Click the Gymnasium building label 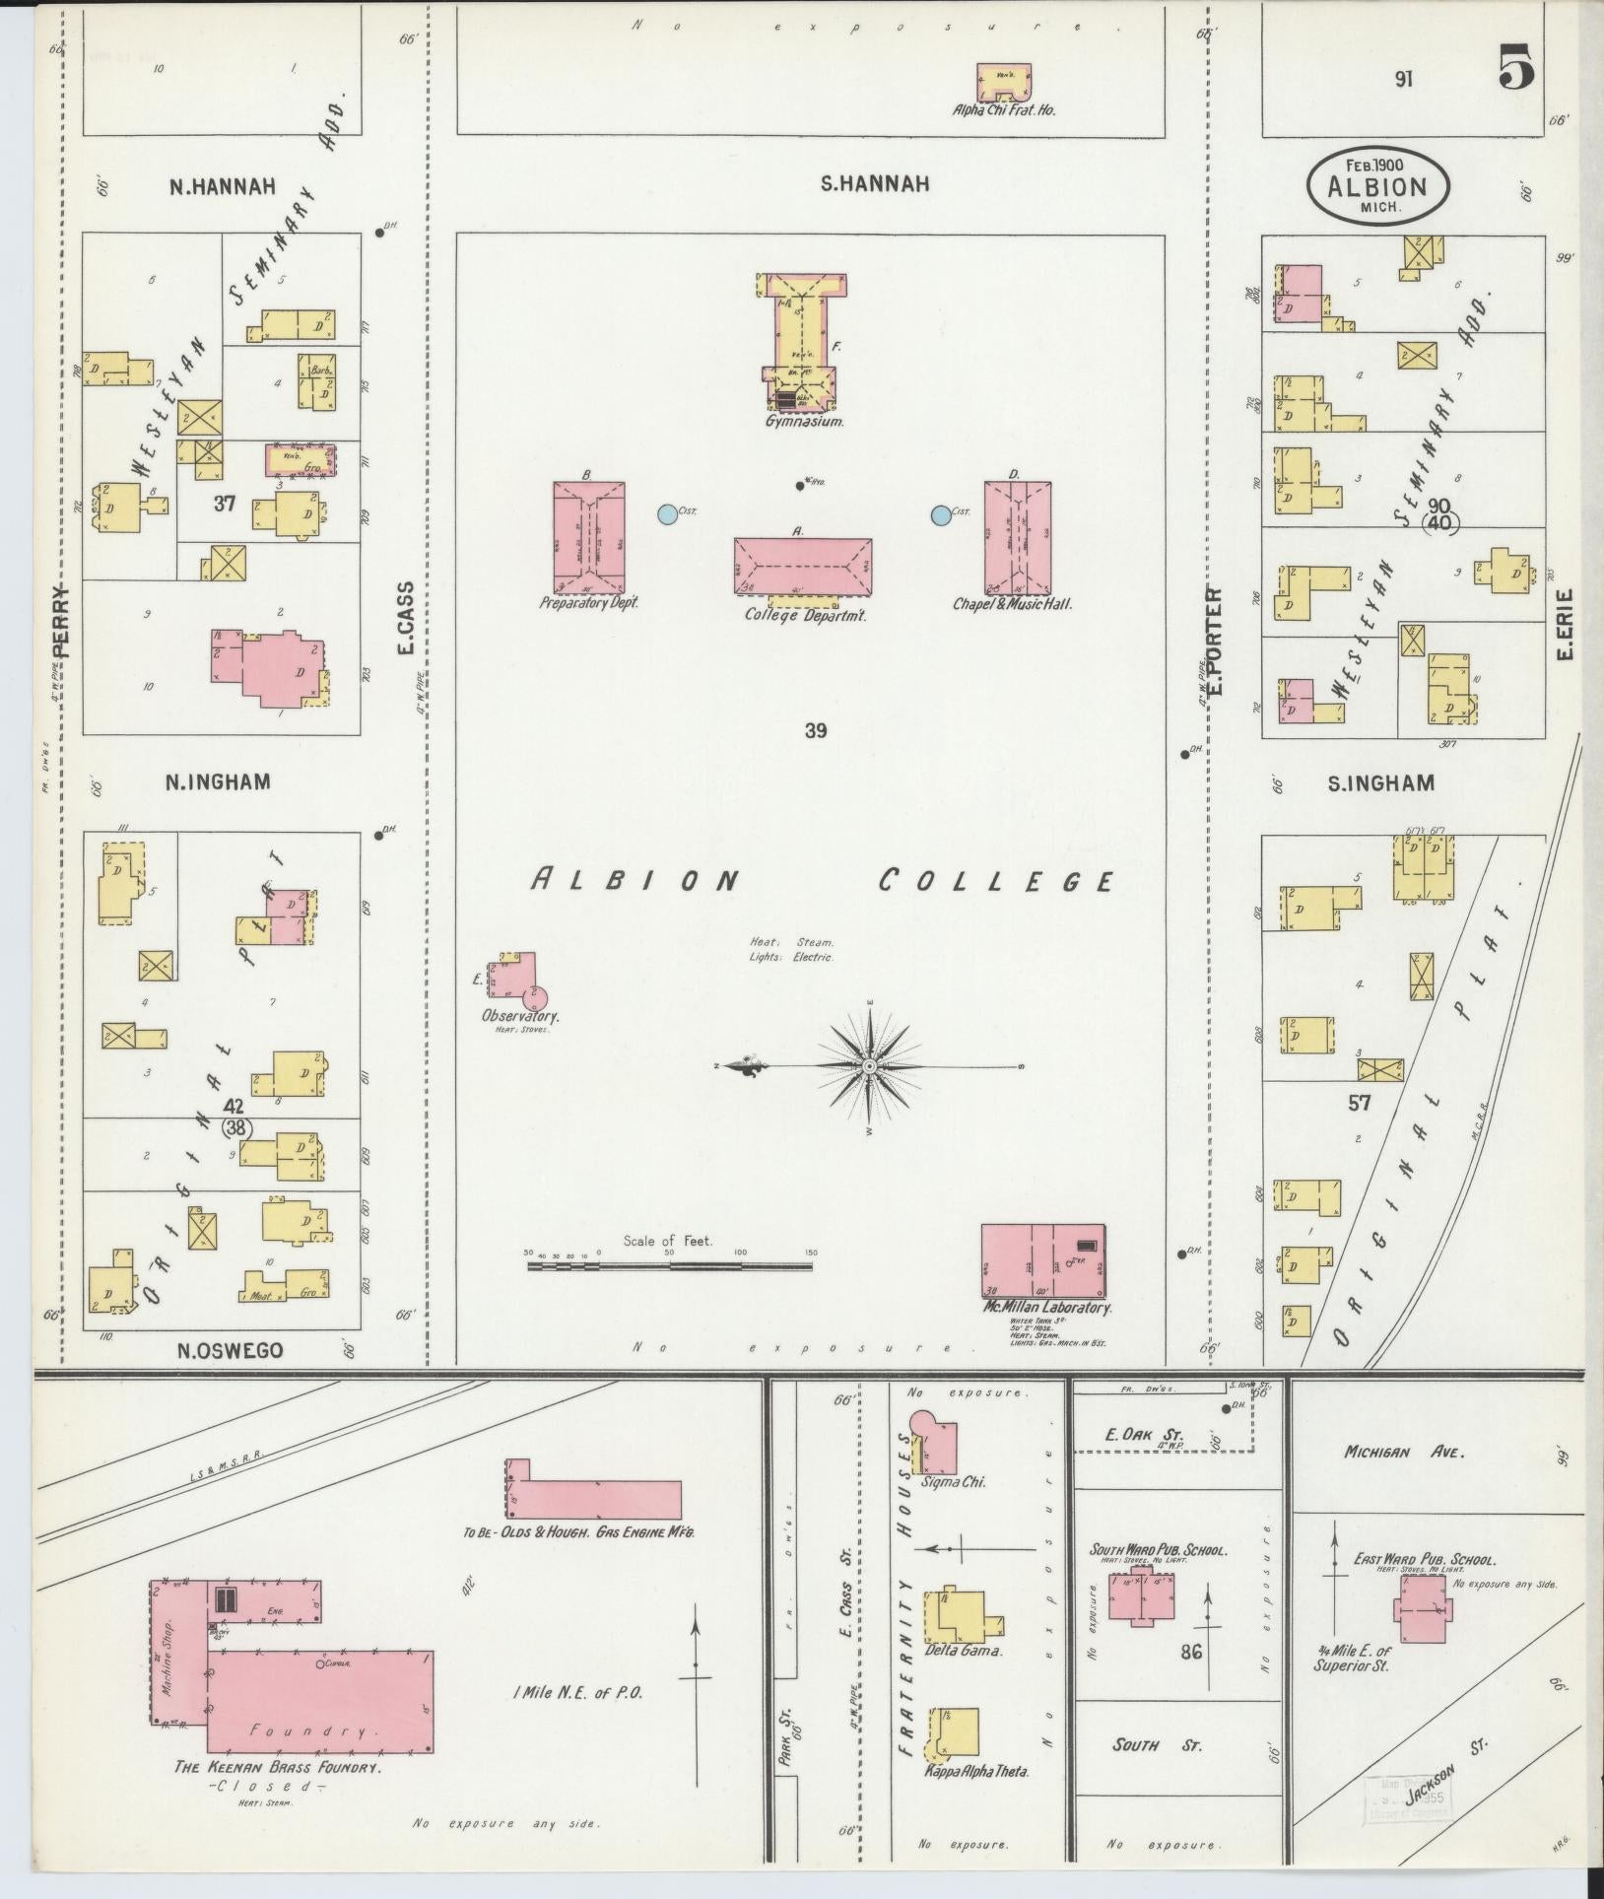click(x=805, y=421)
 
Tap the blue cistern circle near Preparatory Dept click(x=666, y=513)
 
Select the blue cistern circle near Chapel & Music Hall click(x=941, y=513)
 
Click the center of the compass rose click(x=870, y=1067)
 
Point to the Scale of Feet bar click(x=670, y=1264)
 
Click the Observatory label click(x=520, y=1016)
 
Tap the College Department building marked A click(x=802, y=567)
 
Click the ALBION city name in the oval click(x=1378, y=187)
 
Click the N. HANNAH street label click(x=221, y=185)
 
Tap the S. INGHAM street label click(x=1379, y=783)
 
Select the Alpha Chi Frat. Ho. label click(x=1003, y=110)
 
